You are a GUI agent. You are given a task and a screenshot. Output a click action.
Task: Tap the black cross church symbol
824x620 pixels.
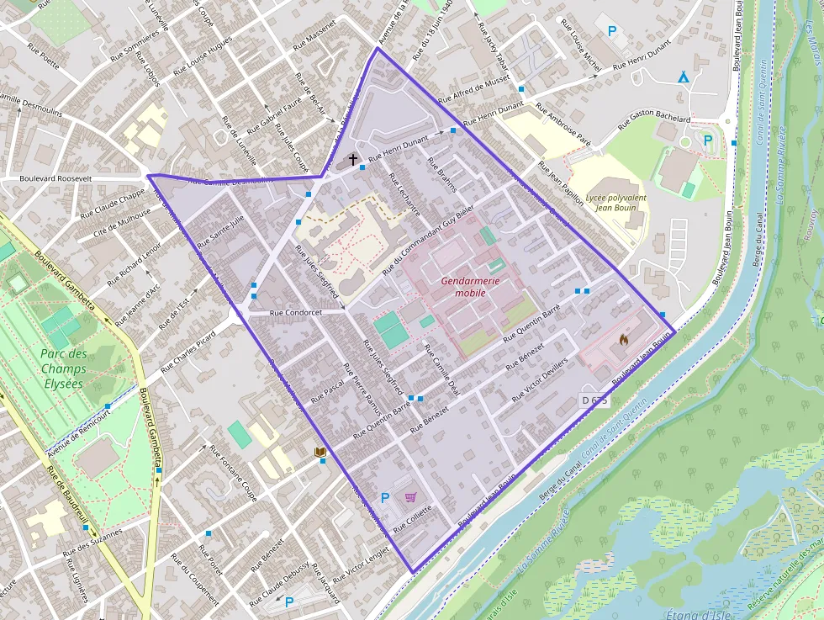coord(353,159)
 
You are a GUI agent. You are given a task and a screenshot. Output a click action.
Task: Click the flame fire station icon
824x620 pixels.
coord(623,340)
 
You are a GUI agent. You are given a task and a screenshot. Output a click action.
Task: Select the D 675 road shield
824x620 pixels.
coord(594,400)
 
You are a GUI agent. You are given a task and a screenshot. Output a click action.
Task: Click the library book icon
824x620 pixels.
coord(320,453)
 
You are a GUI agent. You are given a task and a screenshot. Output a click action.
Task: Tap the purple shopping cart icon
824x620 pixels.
coord(410,497)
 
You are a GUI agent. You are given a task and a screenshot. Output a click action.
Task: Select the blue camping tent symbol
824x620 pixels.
coord(684,77)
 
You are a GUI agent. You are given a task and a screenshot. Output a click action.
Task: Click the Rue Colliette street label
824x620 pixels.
coord(412,515)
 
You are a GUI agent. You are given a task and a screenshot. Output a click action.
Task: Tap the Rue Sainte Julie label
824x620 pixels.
coord(220,231)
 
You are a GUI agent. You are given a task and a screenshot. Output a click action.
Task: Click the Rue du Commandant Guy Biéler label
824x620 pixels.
coord(428,240)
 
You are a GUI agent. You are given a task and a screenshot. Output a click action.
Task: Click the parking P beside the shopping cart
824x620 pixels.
coord(385,497)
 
